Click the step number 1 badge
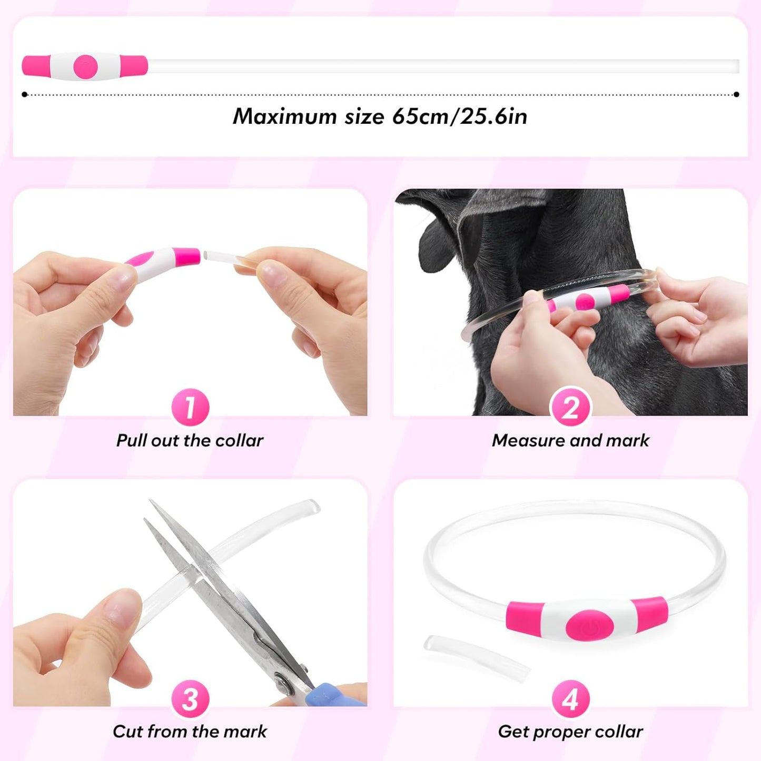pos(190,407)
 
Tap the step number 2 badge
pos(570,407)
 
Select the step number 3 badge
pos(190,699)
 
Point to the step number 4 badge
pos(570,699)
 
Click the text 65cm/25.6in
pos(459,116)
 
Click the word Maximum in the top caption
pos(284,116)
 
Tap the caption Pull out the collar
pos(190,440)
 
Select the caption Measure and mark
pos(570,440)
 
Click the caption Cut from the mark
pos(190,732)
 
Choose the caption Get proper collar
pos(570,732)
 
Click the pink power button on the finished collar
pos(589,626)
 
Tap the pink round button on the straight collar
pos(85,66)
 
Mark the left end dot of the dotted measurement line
pos(25,95)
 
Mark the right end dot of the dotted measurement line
pos(736,95)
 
